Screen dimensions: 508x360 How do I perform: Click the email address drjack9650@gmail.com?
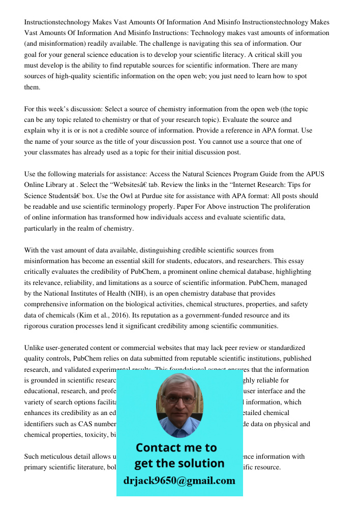coord(179,481)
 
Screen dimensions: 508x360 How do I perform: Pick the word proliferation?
coord(290,207)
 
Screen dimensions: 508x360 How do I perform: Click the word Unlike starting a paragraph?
coord(35,348)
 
